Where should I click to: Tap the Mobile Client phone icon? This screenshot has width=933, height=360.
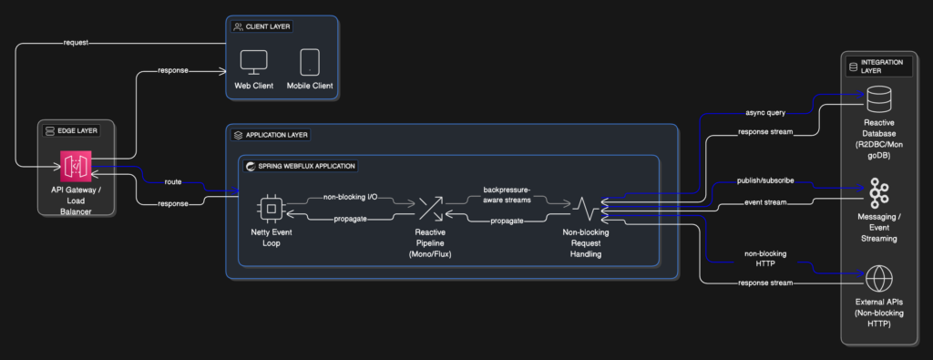(x=309, y=62)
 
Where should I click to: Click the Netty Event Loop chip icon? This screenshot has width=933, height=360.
(x=271, y=208)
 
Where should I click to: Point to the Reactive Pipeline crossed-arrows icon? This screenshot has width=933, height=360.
(x=429, y=209)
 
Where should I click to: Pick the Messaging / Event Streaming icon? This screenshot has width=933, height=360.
(x=878, y=191)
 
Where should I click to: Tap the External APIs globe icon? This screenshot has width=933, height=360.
(x=878, y=276)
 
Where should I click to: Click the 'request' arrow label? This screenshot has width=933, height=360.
(x=77, y=43)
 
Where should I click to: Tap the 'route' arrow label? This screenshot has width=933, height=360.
(x=173, y=182)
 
